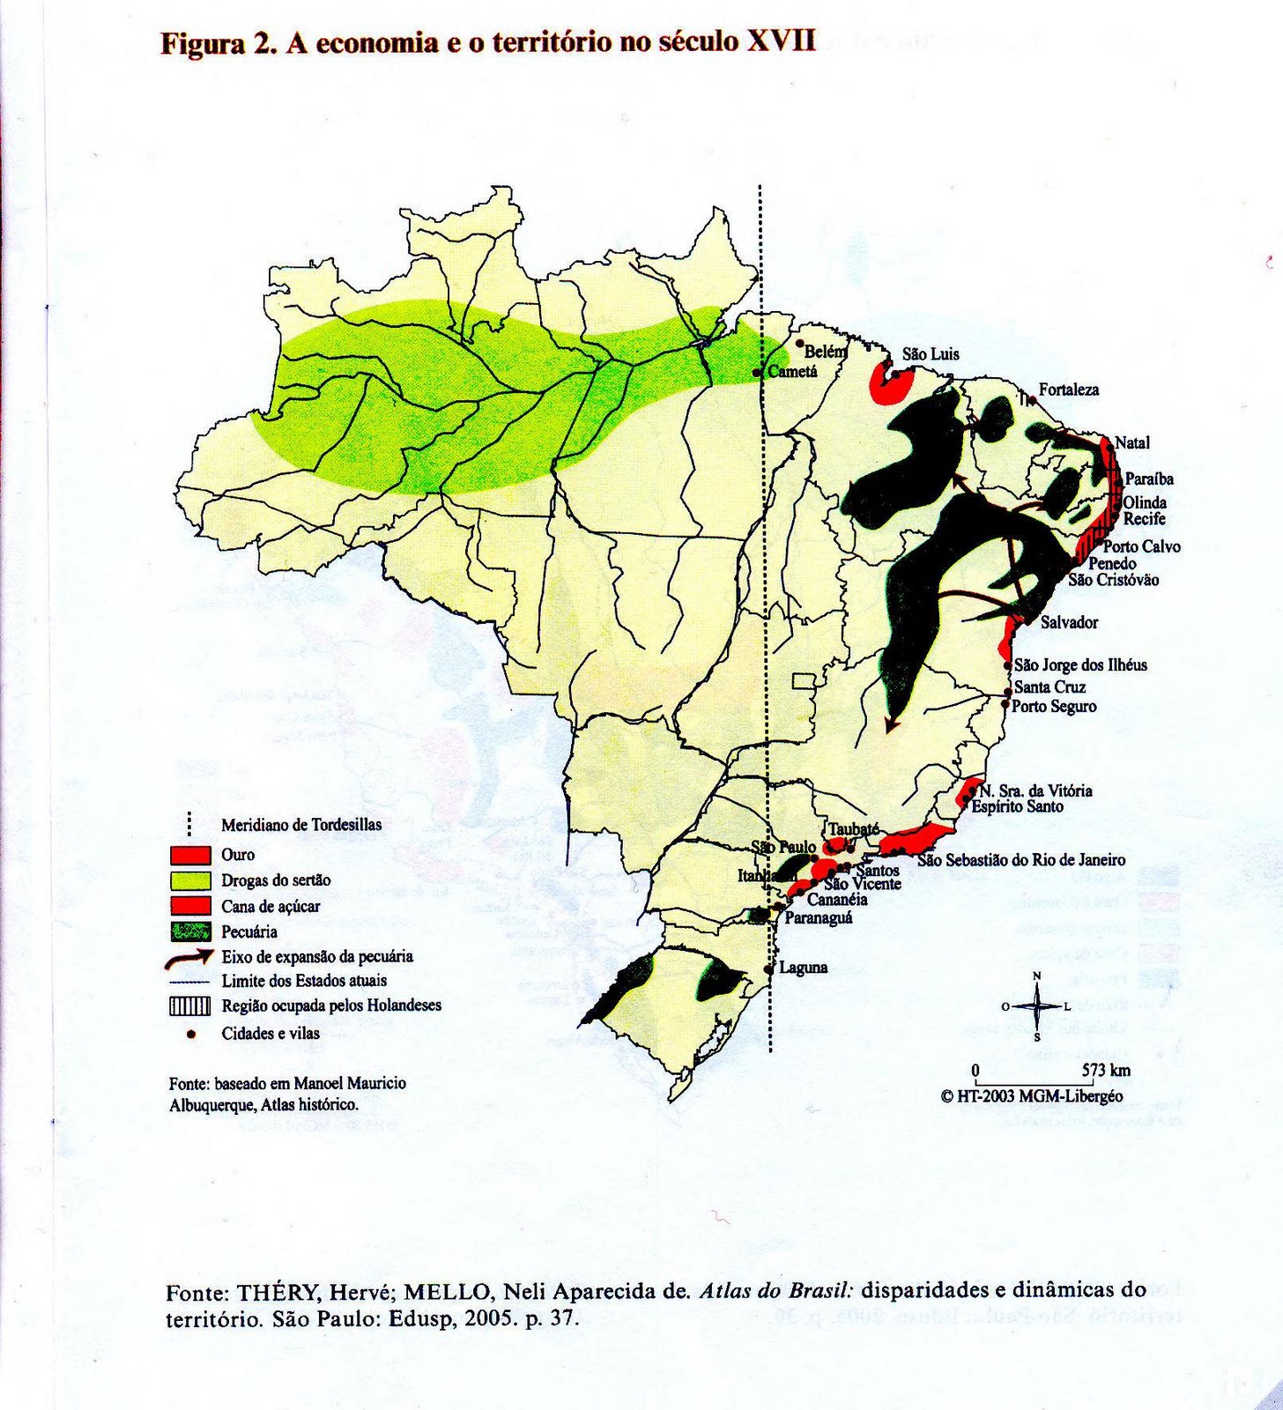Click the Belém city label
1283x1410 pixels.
826,351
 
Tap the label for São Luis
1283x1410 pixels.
931,354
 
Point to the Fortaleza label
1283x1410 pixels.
1068,390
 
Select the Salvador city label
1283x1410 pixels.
1069,622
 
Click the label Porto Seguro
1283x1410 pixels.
1054,706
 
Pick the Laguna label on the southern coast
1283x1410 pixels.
803,968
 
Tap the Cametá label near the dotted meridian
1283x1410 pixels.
792,372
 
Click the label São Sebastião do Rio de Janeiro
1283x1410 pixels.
1021,859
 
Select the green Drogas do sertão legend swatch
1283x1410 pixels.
190,879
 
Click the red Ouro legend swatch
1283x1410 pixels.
190,854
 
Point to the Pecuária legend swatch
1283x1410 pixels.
190,931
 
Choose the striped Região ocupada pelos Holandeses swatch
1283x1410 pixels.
190,1006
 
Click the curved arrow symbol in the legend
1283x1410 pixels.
190,956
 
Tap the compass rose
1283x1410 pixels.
1037,1006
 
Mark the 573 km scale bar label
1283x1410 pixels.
1106,1071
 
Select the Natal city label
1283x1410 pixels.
1132,442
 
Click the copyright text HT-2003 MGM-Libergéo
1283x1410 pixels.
1039,1096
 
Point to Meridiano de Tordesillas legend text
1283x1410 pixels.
301,825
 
